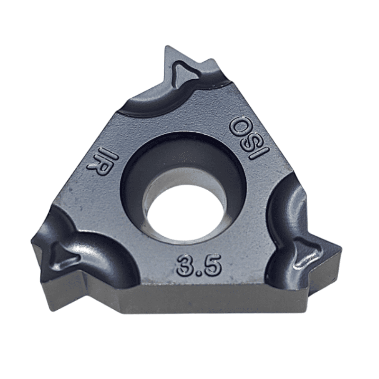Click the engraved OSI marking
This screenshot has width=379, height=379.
[x=249, y=139]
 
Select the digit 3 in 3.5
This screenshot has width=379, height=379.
[x=185, y=265]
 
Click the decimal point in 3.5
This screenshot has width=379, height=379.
[x=199, y=272]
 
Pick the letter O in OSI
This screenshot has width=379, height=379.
[x=238, y=126]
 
